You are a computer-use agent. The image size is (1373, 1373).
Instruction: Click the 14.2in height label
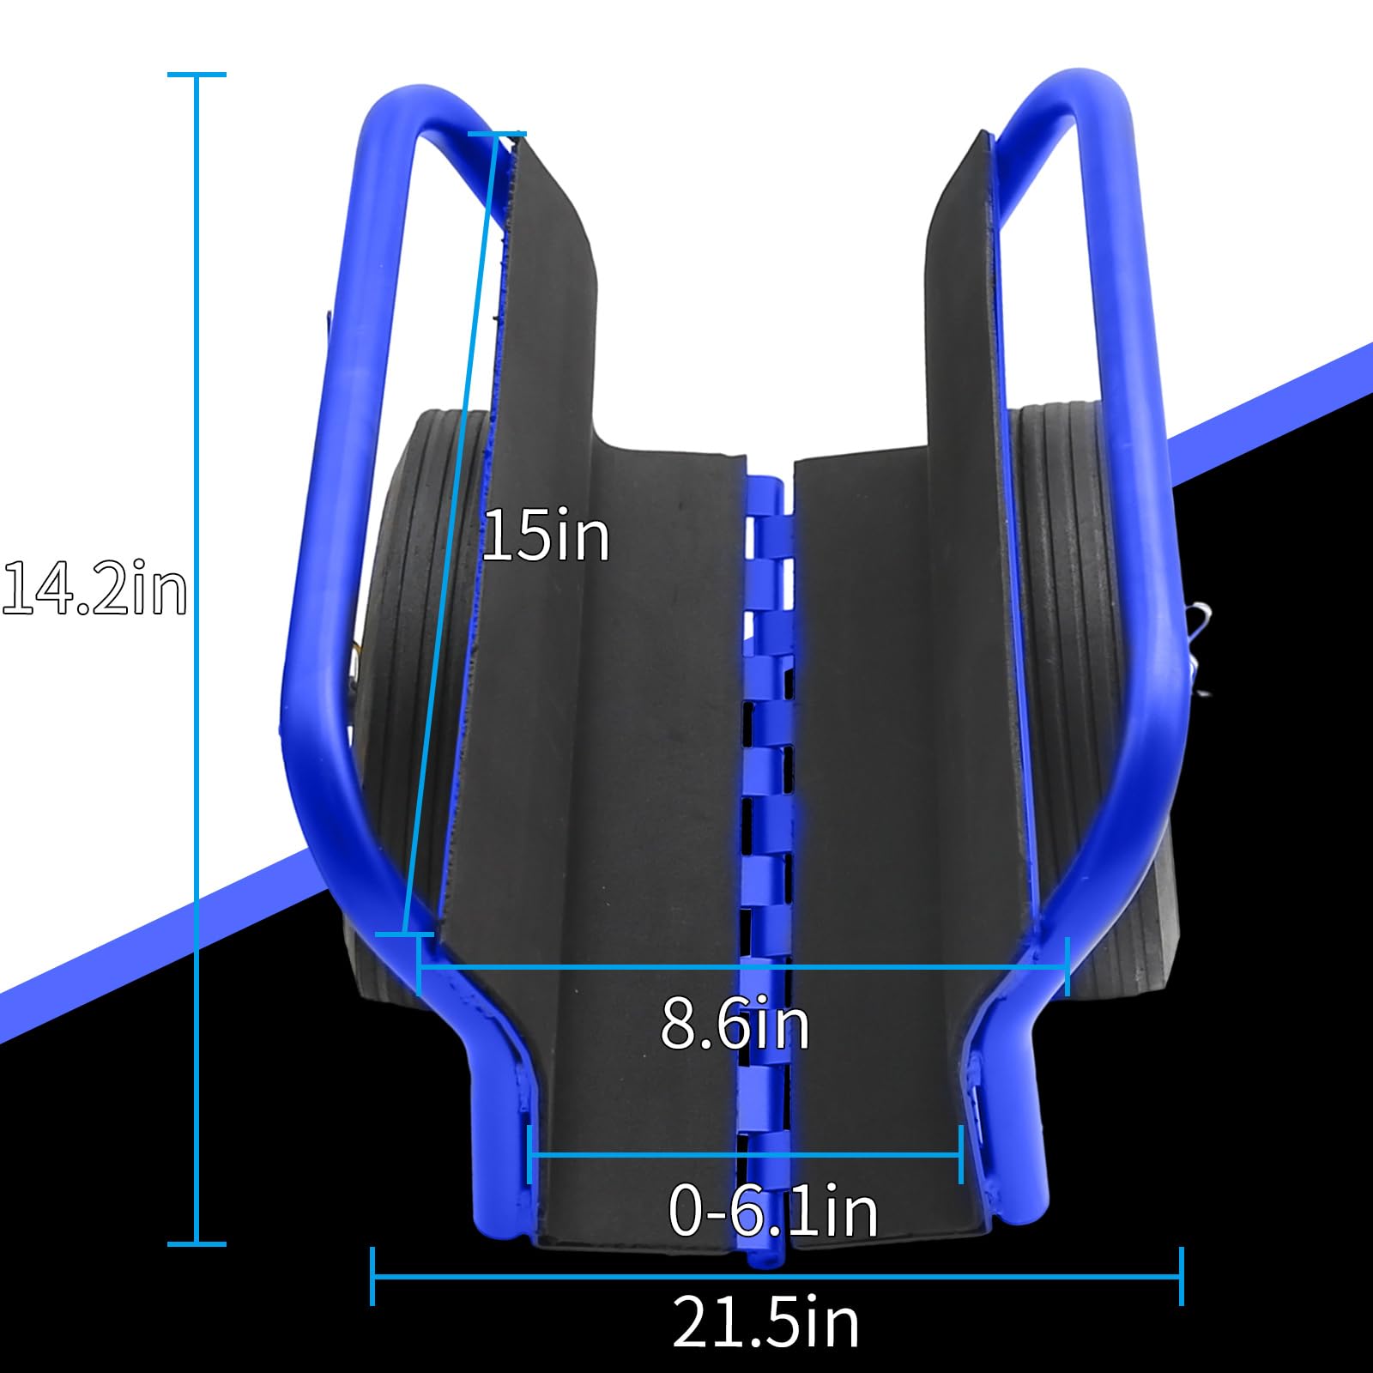[94, 590]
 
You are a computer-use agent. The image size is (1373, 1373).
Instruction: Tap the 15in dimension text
[547, 535]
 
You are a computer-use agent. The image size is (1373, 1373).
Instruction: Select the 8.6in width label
[735, 1023]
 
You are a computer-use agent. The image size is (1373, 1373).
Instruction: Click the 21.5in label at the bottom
[765, 1322]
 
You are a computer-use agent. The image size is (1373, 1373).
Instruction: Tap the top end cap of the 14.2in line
[197, 76]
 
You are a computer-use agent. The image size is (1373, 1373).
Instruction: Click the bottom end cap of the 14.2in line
[197, 1243]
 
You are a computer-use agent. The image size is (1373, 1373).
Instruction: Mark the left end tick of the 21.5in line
[372, 1276]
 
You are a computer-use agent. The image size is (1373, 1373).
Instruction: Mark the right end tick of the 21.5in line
[1182, 1276]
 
